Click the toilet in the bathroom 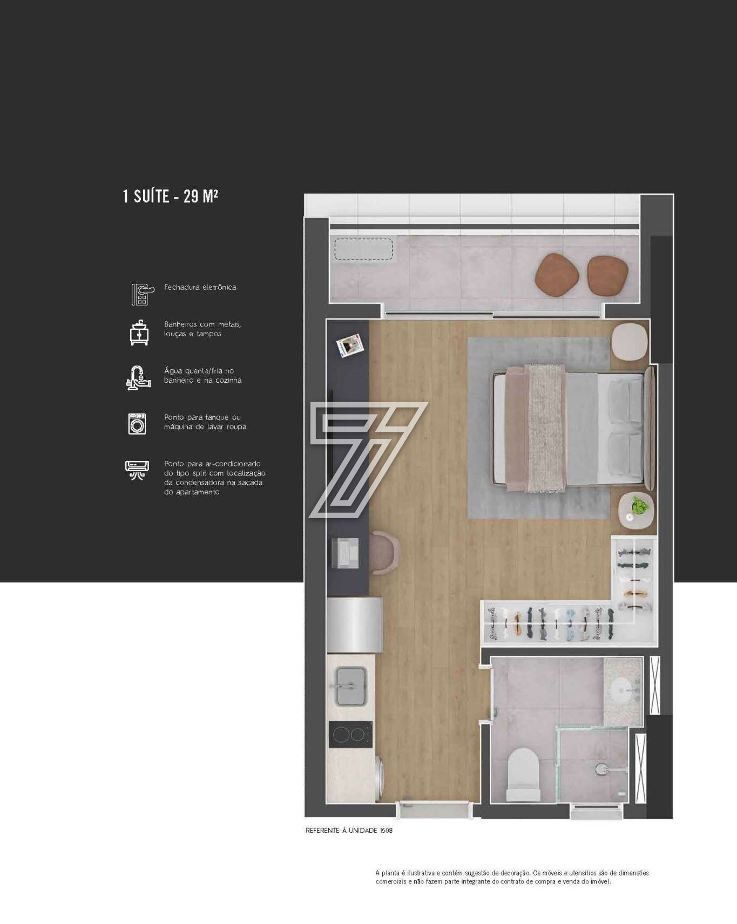(523, 775)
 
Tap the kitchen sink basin (351, 687)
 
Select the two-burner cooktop (350, 735)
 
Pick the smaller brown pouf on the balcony (608, 275)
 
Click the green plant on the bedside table (639, 505)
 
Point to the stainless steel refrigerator (355, 624)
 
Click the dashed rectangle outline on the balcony (364, 249)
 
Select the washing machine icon (137, 424)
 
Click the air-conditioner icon (137, 470)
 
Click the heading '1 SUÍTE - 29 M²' (171, 195)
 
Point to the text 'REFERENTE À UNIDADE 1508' (349, 831)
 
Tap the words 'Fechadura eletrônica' (200, 287)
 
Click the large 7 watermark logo (368, 460)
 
